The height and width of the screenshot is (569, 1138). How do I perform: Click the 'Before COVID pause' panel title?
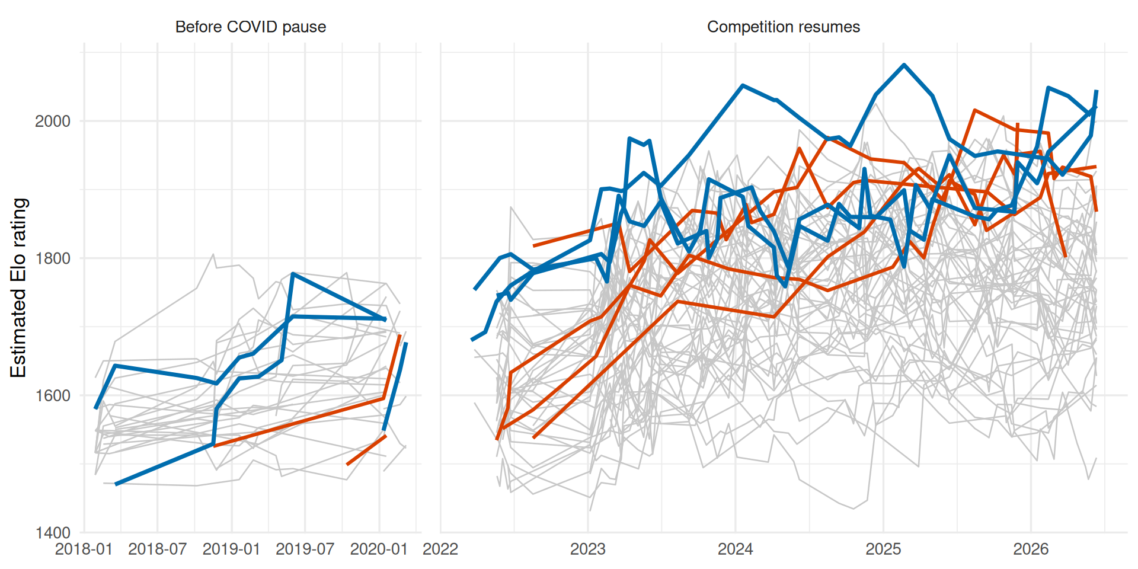[251, 27]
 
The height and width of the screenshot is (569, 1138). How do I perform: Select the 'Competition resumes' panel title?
[784, 27]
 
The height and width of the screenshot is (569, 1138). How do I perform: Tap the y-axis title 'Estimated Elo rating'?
[18, 288]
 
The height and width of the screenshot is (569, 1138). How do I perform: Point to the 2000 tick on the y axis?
[53, 122]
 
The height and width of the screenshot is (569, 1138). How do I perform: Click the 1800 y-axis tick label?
[53, 258]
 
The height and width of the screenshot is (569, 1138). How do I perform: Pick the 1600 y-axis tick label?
[53, 396]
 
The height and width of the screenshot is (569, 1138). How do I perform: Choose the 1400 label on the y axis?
[53, 533]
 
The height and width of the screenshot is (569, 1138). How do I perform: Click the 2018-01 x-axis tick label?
[84, 549]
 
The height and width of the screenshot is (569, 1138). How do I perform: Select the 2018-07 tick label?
[158, 549]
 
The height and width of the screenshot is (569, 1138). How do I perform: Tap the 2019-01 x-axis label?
[232, 549]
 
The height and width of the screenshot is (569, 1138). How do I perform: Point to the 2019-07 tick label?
[305, 549]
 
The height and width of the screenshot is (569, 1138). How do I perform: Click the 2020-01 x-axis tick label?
[379, 549]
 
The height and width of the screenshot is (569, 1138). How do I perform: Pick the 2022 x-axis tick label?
[440, 549]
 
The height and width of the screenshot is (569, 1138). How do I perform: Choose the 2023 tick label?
[588, 549]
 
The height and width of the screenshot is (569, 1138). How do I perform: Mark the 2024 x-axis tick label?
[736, 549]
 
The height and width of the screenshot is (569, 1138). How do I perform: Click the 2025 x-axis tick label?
[884, 549]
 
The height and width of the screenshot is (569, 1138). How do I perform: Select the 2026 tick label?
[1031, 549]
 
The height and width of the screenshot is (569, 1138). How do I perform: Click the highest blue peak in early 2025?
[904, 65]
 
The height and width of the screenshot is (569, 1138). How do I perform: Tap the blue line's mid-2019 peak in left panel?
[293, 274]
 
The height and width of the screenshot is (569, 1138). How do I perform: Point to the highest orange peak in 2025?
[974, 110]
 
